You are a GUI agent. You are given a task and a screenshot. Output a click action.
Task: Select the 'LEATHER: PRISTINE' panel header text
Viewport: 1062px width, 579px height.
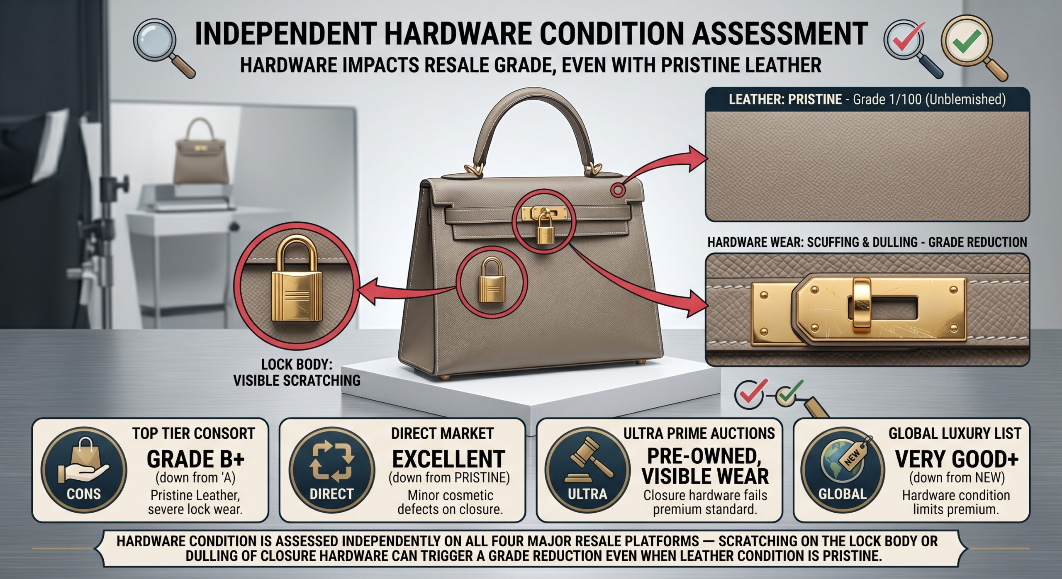click(785, 100)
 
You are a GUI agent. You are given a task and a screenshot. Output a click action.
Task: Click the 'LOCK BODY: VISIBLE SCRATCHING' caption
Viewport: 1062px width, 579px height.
click(297, 372)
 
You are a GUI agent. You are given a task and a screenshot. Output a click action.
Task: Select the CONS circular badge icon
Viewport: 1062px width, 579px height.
click(84, 470)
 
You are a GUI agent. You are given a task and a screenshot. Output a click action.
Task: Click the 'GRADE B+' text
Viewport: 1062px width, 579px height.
click(195, 459)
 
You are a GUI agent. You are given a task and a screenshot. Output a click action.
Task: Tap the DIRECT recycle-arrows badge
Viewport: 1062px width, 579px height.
click(332, 470)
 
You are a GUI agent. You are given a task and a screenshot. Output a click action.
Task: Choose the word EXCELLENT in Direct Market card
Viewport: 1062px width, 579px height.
click(448, 459)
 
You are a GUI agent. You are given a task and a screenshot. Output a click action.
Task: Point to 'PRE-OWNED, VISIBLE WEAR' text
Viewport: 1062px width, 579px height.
click(705, 466)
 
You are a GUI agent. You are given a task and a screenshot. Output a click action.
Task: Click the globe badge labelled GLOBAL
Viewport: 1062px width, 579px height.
click(843, 470)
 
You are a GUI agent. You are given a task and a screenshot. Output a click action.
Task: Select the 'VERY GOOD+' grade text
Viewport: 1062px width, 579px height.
click(956, 459)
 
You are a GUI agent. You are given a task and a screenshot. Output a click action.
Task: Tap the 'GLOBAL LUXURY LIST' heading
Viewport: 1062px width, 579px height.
click(955, 433)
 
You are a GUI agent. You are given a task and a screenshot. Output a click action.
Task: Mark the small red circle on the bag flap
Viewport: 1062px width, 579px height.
click(618, 190)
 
